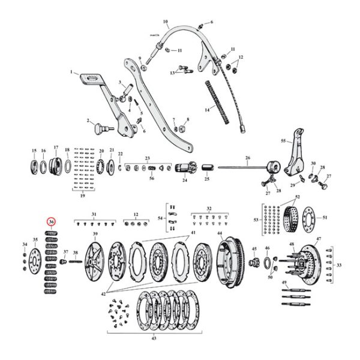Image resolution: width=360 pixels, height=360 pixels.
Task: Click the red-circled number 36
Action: tap(52, 221)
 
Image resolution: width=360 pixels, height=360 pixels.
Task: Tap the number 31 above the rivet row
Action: tap(93, 214)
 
